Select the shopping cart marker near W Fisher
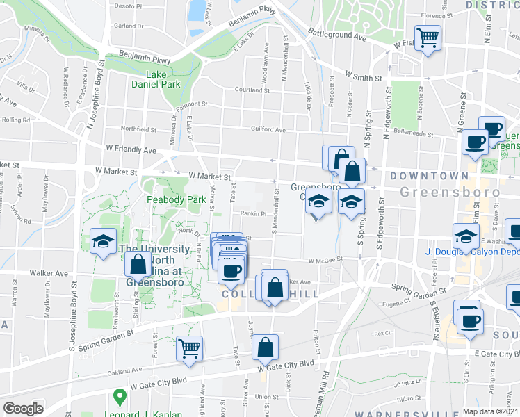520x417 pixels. [427, 38]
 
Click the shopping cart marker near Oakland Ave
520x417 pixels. [189, 348]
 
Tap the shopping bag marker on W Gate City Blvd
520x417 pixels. [265, 347]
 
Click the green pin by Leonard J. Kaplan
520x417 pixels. [120, 398]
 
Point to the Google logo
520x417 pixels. [23, 409]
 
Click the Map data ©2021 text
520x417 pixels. [490, 411]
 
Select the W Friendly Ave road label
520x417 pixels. [131, 149]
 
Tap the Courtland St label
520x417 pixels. [252, 90]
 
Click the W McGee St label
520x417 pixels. [327, 259]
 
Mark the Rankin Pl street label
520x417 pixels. [254, 214]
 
